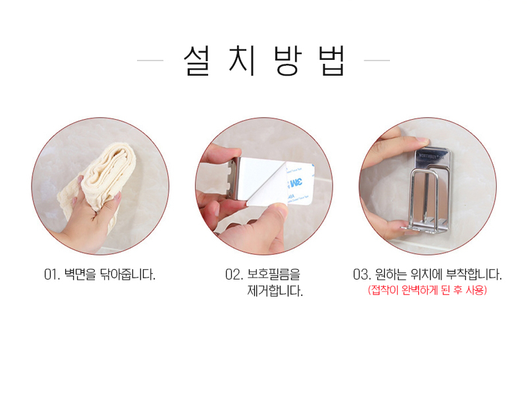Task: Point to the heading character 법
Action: [329, 61]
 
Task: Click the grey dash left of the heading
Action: [150, 61]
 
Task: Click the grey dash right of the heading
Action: [377, 61]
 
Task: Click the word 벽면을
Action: [82, 275]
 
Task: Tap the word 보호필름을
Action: [277, 275]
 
